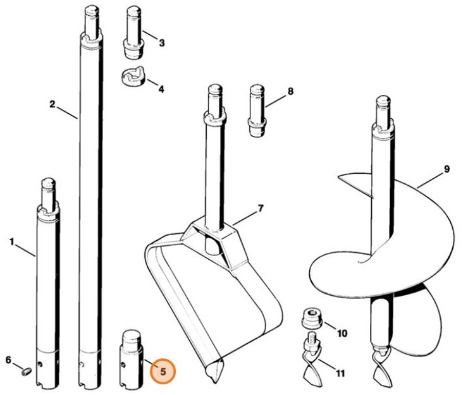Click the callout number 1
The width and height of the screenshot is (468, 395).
coord(11,241)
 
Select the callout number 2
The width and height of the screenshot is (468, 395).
coord(52,104)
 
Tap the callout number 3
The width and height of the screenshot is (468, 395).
coord(161,43)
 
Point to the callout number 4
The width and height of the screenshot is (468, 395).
coord(161,89)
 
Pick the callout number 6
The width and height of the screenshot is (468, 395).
coord(9,360)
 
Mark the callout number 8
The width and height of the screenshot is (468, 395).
coord(290,92)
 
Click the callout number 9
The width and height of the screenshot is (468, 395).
coord(446,169)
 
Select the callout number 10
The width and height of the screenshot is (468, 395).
coord(342,332)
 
